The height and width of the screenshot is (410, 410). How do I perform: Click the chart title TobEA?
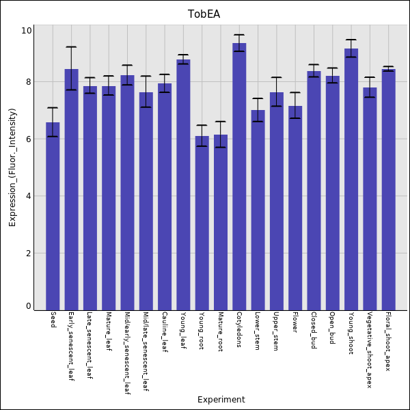pyautogui.click(x=204, y=14)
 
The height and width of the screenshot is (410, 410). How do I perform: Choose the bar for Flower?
pyautogui.click(x=295, y=208)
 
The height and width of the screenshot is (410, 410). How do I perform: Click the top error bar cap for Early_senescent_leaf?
pyautogui.click(x=71, y=47)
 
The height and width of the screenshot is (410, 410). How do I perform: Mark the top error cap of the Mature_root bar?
pyautogui.click(x=220, y=122)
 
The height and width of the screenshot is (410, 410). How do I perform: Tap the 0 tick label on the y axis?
pyautogui.click(x=29, y=306)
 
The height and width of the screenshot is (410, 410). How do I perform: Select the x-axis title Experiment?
pyautogui.click(x=221, y=400)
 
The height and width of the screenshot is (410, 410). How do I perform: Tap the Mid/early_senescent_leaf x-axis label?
pyautogui.click(x=127, y=353)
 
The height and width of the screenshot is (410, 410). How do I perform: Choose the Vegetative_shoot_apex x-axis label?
pyautogui.click(x=370, y=350)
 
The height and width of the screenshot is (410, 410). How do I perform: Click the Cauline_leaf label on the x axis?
pyautogui.click(x=165, y=331)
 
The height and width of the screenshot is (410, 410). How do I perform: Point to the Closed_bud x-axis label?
pyautogui.click(x=314, y=331)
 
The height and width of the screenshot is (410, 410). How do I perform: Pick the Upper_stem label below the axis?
pyautogui.click(x=276, y=331)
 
